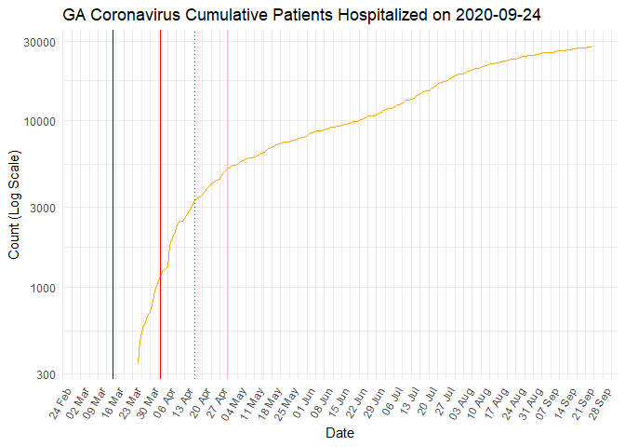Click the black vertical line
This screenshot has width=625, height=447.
pyautogui.click(x=113, y=205)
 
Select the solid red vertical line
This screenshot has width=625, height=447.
pyautogui.click(x=160, y=205)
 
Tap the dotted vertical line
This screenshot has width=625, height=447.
pyautogui.click(x=194, y=205)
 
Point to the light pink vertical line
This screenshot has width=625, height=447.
pyautogui.click(x=228, y=205)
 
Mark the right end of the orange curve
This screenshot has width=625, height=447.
pyautogui.click(x=592, y=47)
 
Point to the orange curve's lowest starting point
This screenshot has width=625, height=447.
pyautogui.click(x=138, y=362)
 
